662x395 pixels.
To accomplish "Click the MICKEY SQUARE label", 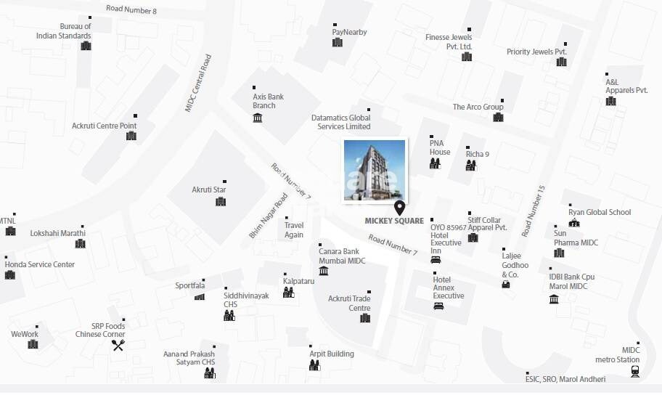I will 394,221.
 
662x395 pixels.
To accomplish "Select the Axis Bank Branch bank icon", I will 258,118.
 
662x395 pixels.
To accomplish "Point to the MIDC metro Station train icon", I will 635,372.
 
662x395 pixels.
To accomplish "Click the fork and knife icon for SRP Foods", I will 118,346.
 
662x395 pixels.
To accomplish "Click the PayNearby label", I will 349,32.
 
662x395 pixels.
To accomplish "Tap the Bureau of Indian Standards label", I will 65,30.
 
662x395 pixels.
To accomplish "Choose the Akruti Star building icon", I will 221,201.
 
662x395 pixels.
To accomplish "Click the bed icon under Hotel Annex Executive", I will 438,306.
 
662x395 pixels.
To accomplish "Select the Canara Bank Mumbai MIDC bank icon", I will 323,272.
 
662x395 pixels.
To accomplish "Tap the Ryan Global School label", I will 599,212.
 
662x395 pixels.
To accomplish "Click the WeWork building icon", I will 33,344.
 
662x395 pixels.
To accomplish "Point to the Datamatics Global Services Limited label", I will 340,122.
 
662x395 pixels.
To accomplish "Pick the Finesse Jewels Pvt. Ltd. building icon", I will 466,57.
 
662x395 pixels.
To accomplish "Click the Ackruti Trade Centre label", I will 349,303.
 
